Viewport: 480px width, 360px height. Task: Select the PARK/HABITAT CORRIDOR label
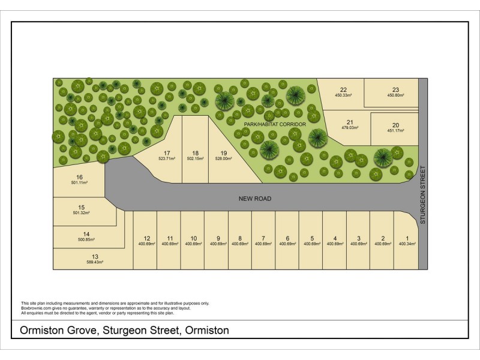point(275,124)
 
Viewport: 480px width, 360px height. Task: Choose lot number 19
point(223,152)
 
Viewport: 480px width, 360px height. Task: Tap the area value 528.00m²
point(223,158)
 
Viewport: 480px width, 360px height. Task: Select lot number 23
point(395,89)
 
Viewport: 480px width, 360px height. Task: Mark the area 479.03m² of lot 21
point(350,128)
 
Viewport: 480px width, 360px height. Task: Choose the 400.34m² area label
point(407,244)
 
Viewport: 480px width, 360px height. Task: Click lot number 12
point(146,238)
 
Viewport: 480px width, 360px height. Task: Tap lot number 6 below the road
point(288,238)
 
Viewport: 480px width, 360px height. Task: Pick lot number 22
point(343,89)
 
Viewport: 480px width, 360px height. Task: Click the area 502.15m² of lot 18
point(196,158)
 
